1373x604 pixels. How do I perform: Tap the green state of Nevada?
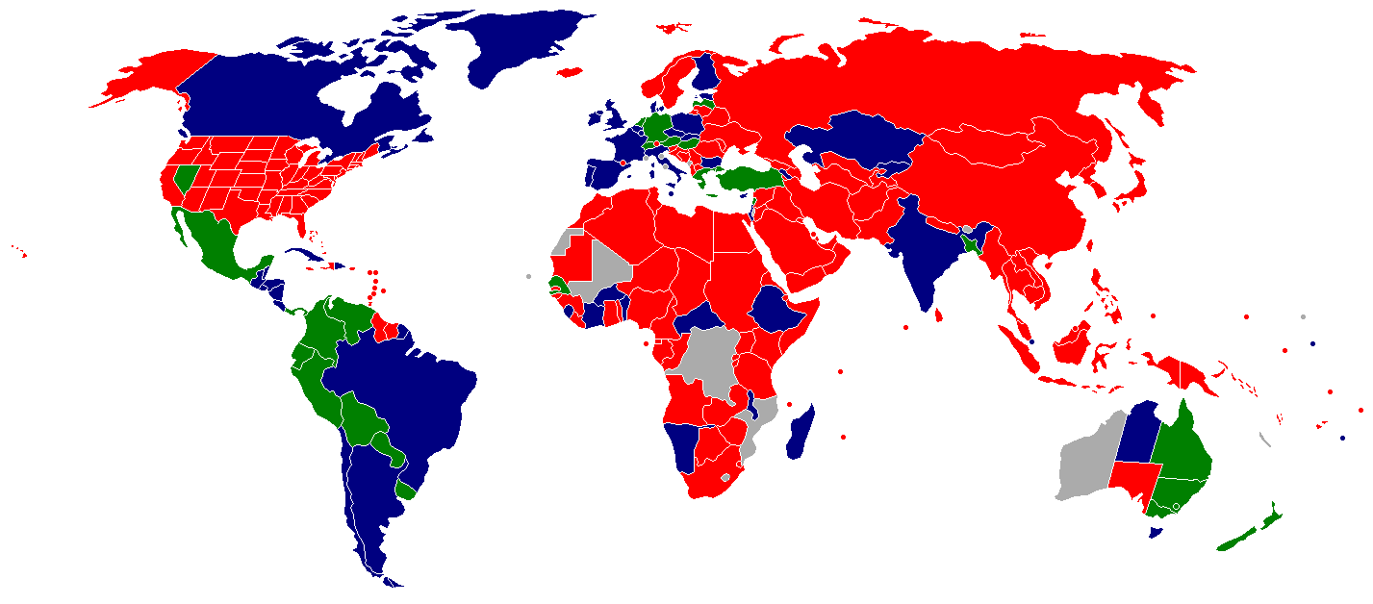tap(184, 177)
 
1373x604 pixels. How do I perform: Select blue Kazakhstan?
tap(856, 144)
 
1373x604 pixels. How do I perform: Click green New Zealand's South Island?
tap(1241, 539)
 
